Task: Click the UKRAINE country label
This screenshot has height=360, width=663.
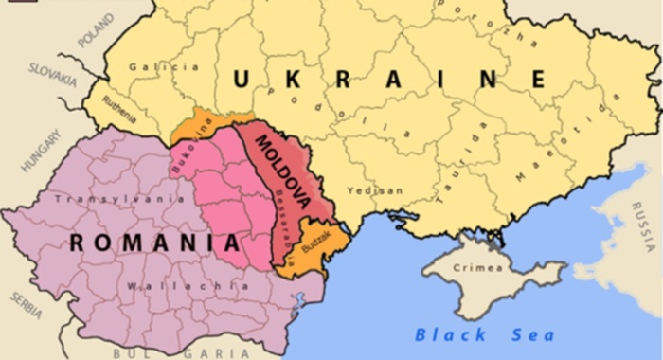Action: click(x=388, y=80)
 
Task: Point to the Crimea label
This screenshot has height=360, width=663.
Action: click(x=479, y=267)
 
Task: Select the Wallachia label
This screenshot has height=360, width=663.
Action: click(x=174, y=285)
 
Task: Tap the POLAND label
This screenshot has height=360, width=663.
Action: click(x=95, y=36)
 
